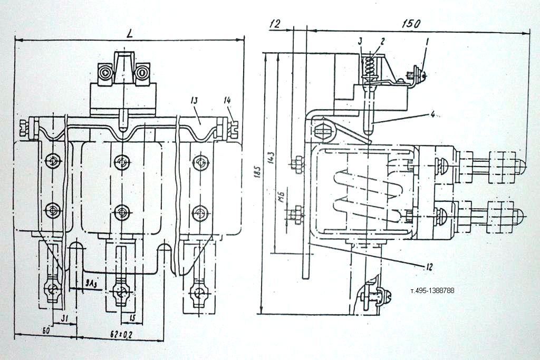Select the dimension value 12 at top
pos(274,24)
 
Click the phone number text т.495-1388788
pos(432,290)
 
